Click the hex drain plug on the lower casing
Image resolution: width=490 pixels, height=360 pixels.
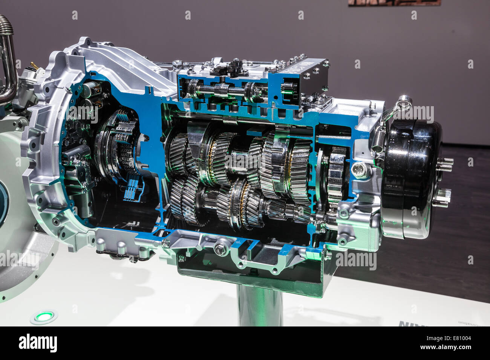click(220, 249)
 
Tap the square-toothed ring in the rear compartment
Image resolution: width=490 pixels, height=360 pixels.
click(335, 173)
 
